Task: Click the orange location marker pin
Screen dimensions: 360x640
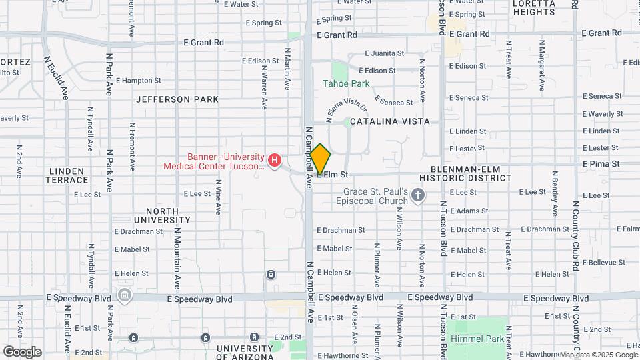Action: [321, 159]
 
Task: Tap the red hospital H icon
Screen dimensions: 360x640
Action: [274, 160]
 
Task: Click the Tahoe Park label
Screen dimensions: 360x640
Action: [346, 83]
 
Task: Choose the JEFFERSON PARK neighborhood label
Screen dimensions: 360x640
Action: [177, 99]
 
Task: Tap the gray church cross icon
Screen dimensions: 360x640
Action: [418, 195]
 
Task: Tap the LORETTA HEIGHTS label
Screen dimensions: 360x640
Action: [534, 7]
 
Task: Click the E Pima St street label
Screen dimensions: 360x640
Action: [601, 163]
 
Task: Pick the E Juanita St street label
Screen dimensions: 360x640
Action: [384, 53]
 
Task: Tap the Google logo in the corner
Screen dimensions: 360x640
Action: [22, 352]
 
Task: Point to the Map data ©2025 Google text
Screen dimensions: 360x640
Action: [598, 355]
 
